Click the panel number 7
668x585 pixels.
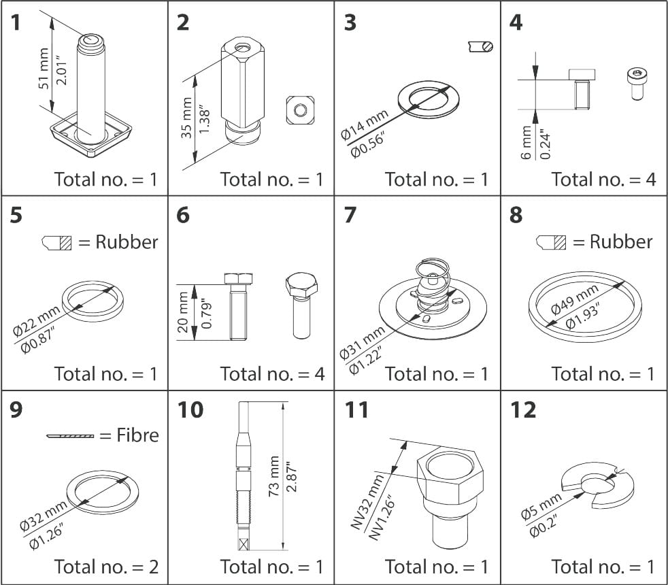coord(350,216)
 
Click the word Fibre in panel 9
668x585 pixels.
coord(129,435)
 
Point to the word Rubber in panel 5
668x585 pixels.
coord(127,241)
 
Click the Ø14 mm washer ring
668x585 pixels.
coord(425,99)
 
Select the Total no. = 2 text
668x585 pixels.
coord(105,566)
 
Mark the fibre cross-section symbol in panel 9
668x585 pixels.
coord(70,435)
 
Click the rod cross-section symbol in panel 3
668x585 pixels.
coord(481,46)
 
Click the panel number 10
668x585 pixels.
coord(190,410)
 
